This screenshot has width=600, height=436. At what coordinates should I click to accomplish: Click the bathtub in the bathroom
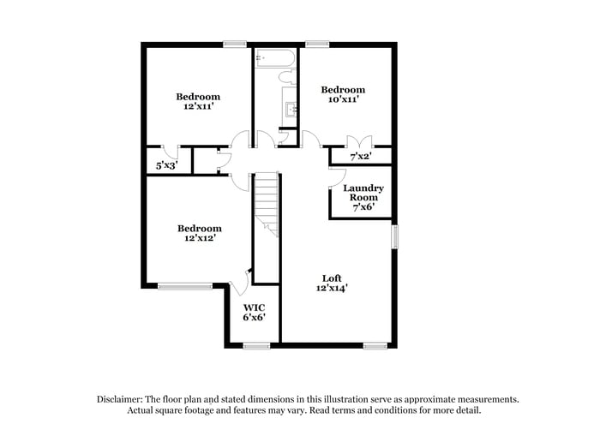tap(274, 59)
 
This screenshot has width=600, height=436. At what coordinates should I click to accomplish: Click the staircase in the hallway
tap(267, 205)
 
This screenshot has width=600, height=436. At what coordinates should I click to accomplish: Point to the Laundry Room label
tap(363, 193)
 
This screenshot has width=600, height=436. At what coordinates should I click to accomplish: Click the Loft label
tap(332, 278)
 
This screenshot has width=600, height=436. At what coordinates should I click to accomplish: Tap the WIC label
tap(254, 306)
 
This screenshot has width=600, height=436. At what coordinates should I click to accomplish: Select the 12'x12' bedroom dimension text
tap(199, 239)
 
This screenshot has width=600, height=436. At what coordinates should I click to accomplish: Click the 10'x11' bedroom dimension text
tap(343, 100)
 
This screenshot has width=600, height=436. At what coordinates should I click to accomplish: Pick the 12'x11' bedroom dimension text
tap(198, 107)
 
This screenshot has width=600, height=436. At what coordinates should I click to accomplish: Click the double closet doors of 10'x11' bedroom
tap(355, 142)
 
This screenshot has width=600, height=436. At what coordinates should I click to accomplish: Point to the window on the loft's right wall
tap(395, 236)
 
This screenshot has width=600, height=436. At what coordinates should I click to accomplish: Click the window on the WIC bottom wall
tap(256, 345)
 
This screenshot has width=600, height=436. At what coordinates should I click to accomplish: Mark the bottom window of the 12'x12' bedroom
tap(184, 286)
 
